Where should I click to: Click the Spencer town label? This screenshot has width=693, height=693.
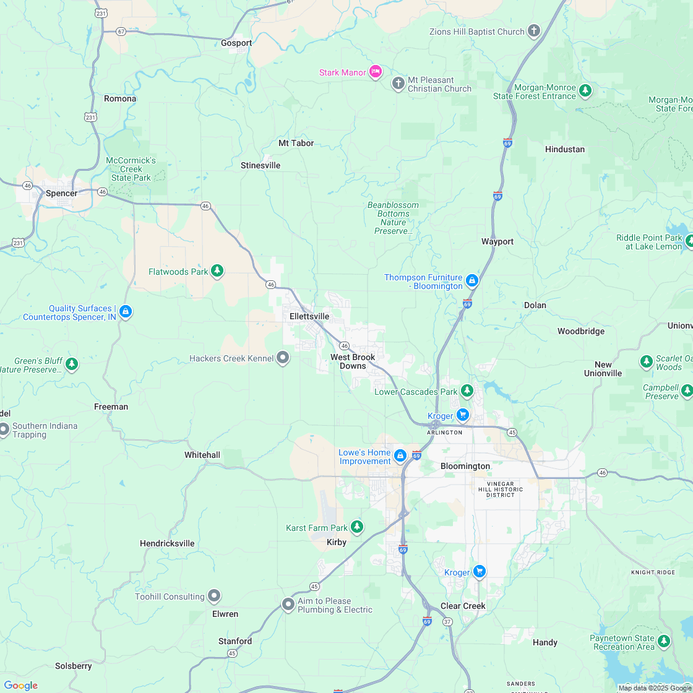point(61,193)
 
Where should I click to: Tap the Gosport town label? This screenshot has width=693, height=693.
point(236,43)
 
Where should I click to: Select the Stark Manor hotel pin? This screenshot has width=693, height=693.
point(375,72)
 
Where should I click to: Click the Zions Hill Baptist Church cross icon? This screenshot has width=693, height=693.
point(534,31)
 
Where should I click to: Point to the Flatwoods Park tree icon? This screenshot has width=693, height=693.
point(217,270)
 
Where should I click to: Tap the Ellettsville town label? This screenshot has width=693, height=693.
point(309,316)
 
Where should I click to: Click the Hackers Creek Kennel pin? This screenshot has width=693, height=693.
point(283,358)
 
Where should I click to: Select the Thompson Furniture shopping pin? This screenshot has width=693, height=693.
point(472,281)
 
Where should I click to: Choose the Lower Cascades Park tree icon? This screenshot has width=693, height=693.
point(467,391)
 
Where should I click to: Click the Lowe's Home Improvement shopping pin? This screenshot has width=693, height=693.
point(400,456)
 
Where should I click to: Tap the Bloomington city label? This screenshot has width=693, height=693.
point(465,466)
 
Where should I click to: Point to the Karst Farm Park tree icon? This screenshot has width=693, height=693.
point(356,527)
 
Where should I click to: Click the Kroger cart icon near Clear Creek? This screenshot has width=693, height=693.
point(479,572)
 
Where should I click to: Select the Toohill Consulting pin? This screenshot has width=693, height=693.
point(214,596)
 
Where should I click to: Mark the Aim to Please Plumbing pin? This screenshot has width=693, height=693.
point(288,605)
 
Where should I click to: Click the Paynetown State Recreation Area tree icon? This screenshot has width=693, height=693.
point(664,641)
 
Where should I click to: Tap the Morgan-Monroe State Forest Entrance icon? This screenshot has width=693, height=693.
point(585,91)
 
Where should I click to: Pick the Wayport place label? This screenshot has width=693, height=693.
point(497,241)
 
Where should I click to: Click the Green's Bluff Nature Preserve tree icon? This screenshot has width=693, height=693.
point(72,364)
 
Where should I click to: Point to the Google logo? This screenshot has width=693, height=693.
point(20,685)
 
